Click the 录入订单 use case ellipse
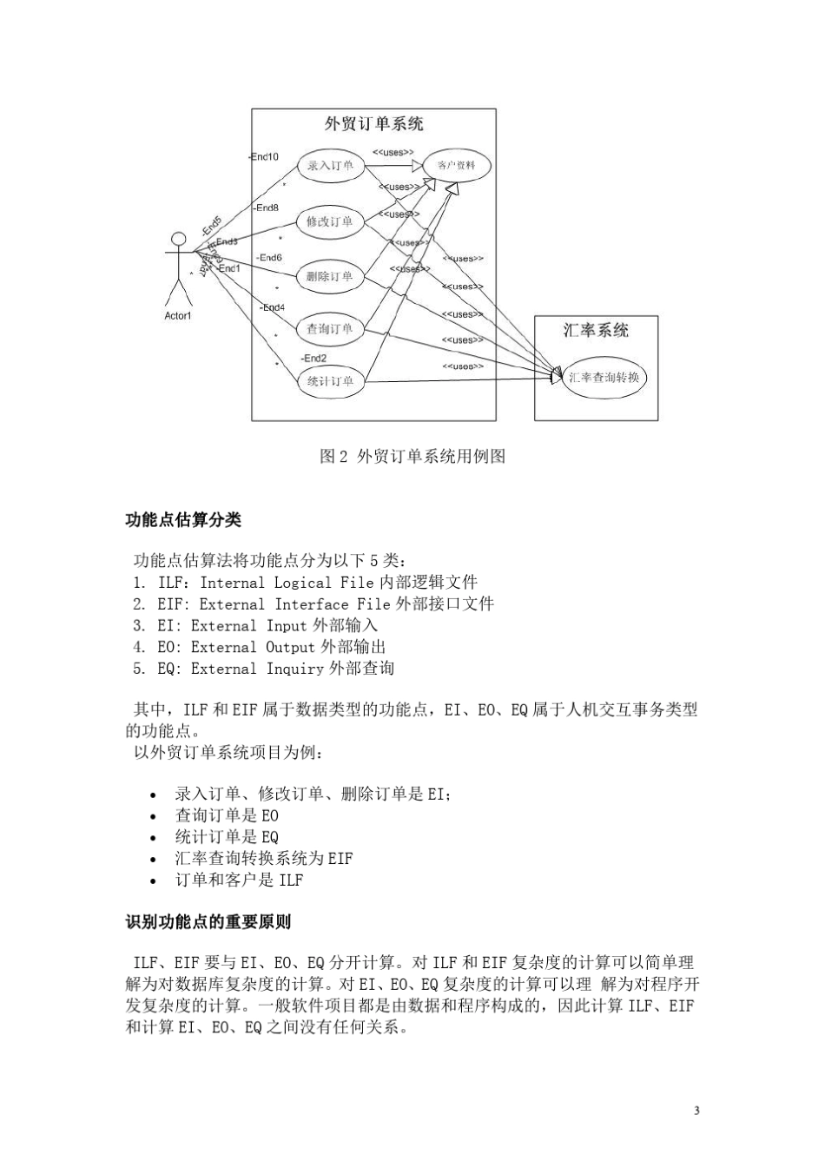(x=330, y=166)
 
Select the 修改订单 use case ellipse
(x=330, y=221)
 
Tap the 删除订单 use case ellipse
(x=330, y=277)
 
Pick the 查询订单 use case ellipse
(x=330, y=330)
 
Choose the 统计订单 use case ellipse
(x=330, y=380)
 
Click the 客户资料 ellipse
(x=456, y=166)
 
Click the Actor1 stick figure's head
(x=179, y=238)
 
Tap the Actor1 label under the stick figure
(x=177, y=316)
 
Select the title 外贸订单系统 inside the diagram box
(x=374, y=124)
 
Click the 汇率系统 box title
(x=597, y=330)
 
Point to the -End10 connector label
(x=264, y=157)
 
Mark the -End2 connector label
(x=313, y=358)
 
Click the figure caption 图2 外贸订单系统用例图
(x=412, y=456)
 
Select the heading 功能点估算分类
(x=184, y=520)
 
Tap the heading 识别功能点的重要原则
(x=208, y=921)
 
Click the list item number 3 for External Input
(x=139, y=626)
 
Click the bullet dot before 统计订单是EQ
(x=154, y=838)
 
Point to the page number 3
(x=696, y=1111)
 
